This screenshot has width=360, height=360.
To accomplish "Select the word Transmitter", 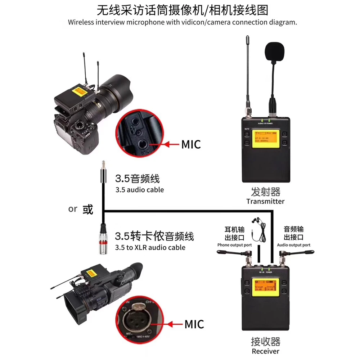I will point(265,201).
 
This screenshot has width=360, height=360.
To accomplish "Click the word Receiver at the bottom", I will point(265,351).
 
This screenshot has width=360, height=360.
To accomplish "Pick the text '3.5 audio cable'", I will point(139,189).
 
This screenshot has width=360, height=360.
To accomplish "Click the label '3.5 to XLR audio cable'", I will point(150,247).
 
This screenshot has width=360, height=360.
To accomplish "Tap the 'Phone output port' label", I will point(234,245).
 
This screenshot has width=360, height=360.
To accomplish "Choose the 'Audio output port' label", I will point(293,245).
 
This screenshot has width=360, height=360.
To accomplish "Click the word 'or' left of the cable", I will point(73,209).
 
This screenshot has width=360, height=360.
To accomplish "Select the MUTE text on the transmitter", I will point(247,128).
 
